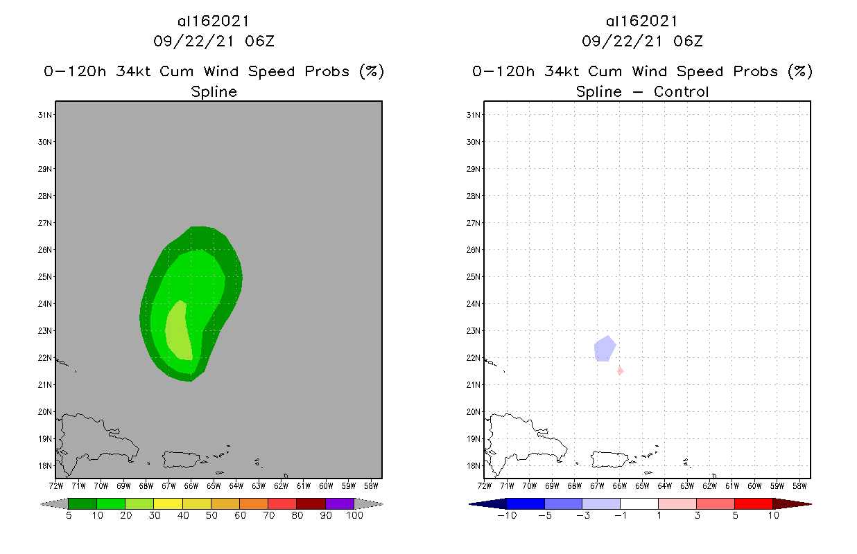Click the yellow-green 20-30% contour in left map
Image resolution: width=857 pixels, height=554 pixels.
pos(179,331)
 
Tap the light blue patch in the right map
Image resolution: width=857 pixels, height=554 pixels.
pos(604,348)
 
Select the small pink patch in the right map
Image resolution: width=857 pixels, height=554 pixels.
pos(620,371)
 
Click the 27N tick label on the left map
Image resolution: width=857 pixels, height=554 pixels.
pos(45,223)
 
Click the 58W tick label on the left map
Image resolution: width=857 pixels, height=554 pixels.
pos(371,485)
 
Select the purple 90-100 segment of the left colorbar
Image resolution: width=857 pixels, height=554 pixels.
pos(340,503)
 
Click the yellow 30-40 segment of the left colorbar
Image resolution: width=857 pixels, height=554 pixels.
pos(168,503)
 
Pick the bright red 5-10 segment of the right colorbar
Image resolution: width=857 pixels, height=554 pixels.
pos(753,503)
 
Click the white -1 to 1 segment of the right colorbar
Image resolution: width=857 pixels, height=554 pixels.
pos(639,503)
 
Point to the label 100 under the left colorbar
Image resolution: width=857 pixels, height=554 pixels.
pos(354,516)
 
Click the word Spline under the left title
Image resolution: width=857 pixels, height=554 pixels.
pos(214,91)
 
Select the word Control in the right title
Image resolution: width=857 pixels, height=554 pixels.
pos(681,91)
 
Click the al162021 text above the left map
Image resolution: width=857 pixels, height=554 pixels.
pos(214,21)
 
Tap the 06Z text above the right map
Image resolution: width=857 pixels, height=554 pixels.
pos(688,42)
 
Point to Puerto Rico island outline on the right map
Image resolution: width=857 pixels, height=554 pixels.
pos(608,459)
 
